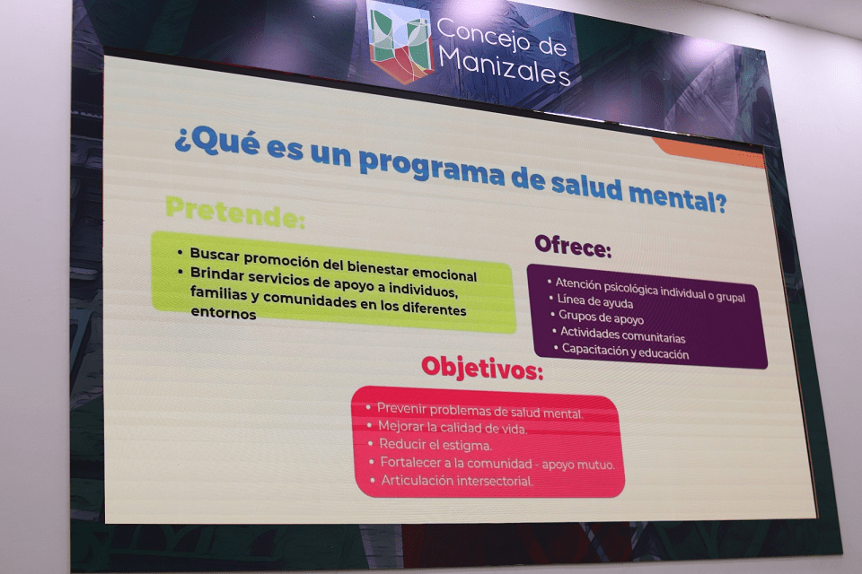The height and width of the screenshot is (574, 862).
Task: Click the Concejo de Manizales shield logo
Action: pyautogui.click(x=400, y=41)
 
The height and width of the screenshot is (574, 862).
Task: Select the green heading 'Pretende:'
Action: pyautogui.click(x=235, y=212)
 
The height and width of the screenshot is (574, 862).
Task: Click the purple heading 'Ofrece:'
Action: pyautogui.click(x=573, y=246)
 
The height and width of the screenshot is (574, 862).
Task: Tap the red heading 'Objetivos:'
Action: pyautogui.click(x=482, y=368)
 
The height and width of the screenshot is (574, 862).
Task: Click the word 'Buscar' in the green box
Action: pyautogui.click(x=215, y=255)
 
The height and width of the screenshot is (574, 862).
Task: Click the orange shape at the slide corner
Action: pyautogui.click(x=708, y=151)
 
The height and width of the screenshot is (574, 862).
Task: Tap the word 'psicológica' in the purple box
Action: pyautogui.click(x=630, y=288)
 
